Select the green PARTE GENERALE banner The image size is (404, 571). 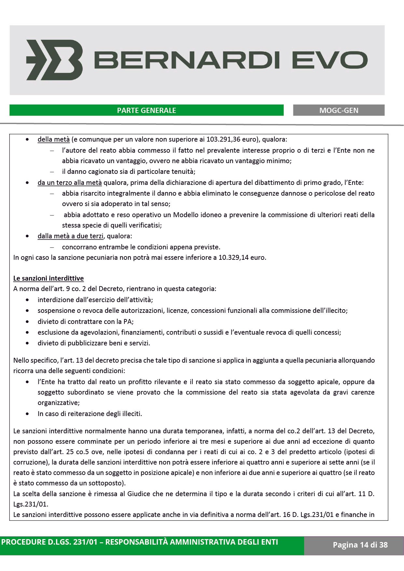pos(146,110)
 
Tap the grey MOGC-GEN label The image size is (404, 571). pos(339,110)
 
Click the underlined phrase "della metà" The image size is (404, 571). pos(53,140)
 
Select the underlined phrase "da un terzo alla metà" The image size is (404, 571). pos(70,183)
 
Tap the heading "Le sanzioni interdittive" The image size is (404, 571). pos(49,278)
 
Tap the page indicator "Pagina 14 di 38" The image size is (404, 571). pos(360,545)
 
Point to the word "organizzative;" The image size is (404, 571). pos(59,403)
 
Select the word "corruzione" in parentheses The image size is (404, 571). pos(28,462)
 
